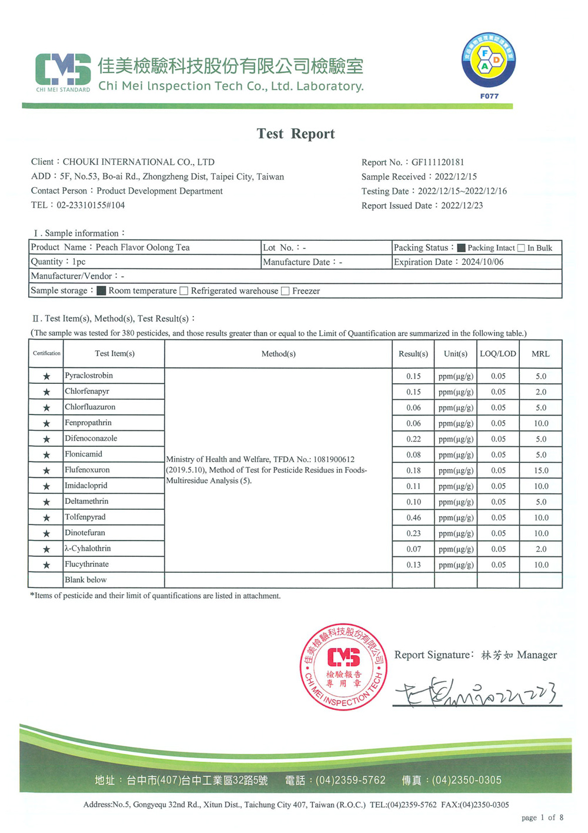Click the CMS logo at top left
(x=63, y=71)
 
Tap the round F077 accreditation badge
(x=489, y=61)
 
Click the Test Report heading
(x=296, y=134)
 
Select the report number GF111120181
(x=437, y=162)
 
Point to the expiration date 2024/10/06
(x=482, y=262)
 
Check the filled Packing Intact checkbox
(x=461, y=248)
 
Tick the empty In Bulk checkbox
(x=521, y=248)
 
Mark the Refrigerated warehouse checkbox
(x=184, y=291)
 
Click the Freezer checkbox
(x=285, y=291)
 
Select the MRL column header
(x=540, y=354)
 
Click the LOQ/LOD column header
(x=498, y=354)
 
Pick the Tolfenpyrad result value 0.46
(x=413, y=517)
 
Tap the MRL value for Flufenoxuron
(x=541, y=470)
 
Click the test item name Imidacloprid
(x=86, y=486)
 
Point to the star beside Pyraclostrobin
(x=46, y=376)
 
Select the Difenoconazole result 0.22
(x=413, y=439)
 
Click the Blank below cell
(x=86, y=580)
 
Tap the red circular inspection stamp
(x=344, y=666)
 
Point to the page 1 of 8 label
(x=542, y=817)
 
